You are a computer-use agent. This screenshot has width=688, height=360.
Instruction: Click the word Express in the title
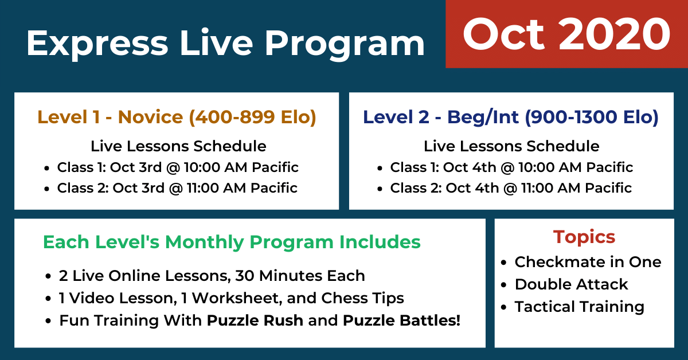pos(97,44)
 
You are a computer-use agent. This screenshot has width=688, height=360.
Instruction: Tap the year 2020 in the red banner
pos(615,34)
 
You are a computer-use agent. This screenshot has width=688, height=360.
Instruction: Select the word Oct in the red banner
pos(503,34)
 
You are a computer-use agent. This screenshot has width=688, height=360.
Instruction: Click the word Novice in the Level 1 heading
pos(150,117)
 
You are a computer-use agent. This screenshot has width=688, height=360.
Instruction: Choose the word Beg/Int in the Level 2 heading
pos(483,118)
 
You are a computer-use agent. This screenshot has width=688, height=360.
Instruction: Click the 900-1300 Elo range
pos(592,118)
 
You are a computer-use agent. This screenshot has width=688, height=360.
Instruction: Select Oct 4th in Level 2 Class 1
pos(470,167)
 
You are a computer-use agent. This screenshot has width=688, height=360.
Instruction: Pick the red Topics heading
pos(584,237)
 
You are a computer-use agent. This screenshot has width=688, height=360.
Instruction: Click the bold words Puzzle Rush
pos(255,320)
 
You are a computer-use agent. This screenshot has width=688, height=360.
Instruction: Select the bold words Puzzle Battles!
pos(402,320)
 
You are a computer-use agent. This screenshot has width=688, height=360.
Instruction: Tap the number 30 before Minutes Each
pos(244,276)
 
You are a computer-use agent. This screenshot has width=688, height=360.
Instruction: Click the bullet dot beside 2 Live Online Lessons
pos(48,276)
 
